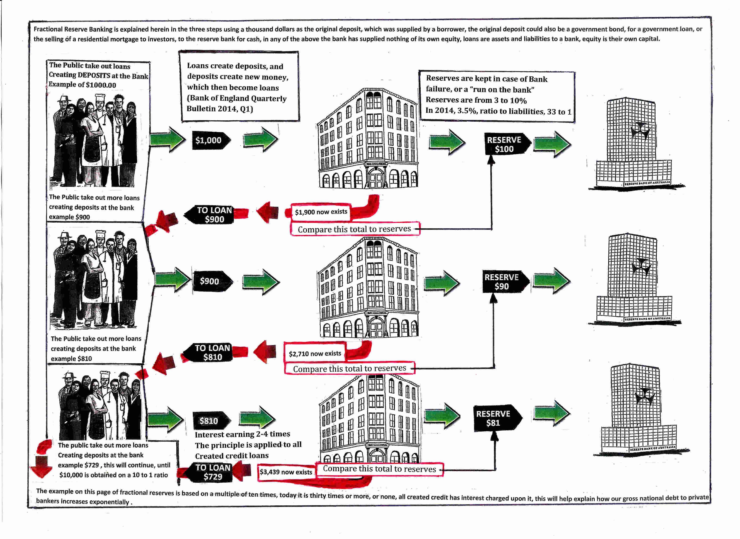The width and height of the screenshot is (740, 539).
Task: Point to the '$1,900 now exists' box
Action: (321, 212)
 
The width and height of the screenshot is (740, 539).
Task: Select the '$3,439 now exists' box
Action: (286, 472)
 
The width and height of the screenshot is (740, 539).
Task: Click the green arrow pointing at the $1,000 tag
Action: (167, 140)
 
